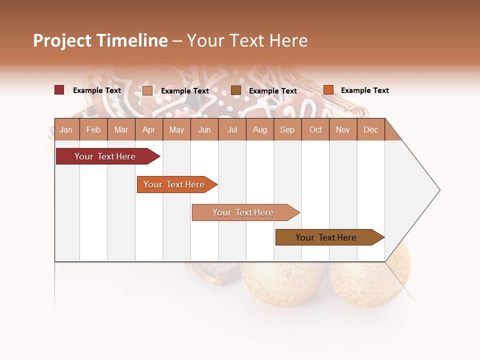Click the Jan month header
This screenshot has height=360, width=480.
click(66, 130)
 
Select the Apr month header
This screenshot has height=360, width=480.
click(148, 130)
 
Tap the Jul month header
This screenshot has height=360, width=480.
click(232, 130)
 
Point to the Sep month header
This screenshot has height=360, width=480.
click(287, 130)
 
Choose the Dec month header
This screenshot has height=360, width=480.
click(370, 130)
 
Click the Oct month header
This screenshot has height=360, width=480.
click(315, 130)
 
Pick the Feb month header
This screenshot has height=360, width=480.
click(93, 130)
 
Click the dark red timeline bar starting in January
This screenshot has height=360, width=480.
click(105, 156)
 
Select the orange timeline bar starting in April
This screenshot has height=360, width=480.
click(174, 184)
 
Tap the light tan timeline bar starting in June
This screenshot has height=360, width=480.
click(243, 212)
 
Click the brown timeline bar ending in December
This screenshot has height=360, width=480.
click(326, 237)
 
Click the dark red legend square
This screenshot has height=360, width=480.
click(59, 90)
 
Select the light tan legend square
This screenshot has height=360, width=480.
click(147, 90)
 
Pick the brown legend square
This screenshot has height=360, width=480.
click(236, 90)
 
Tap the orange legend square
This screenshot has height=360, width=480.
click(328, 90)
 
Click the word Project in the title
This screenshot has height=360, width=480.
click(61, 40)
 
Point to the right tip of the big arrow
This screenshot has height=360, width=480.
click(439, 190)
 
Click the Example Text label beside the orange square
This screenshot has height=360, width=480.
click(364, 90)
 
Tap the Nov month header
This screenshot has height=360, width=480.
click(343, 130)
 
